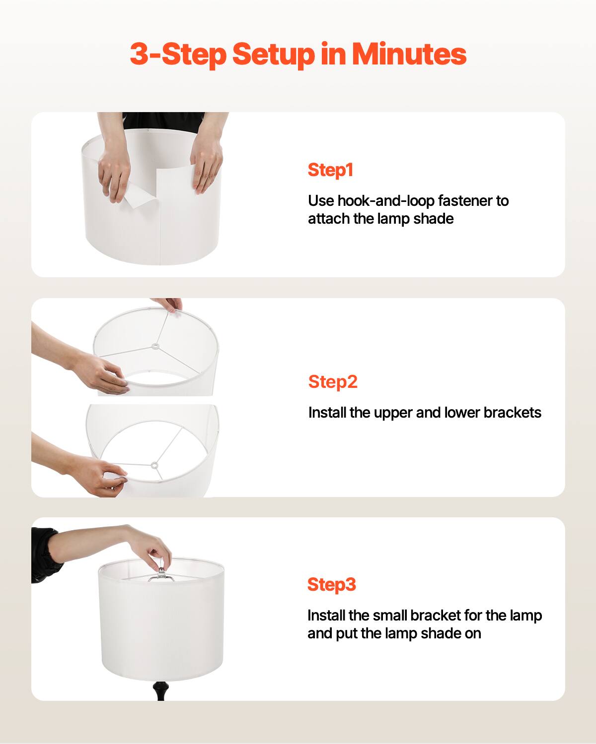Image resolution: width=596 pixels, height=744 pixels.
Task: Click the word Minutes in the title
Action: point(409,54)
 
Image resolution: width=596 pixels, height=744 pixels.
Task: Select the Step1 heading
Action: point(330,170)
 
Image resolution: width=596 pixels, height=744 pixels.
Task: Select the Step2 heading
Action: point(333,382)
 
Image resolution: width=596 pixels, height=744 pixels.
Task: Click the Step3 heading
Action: point(332,584)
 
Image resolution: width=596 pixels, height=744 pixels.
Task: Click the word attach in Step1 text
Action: point(329,219)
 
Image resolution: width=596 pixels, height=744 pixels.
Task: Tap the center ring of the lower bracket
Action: point(154,465)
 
